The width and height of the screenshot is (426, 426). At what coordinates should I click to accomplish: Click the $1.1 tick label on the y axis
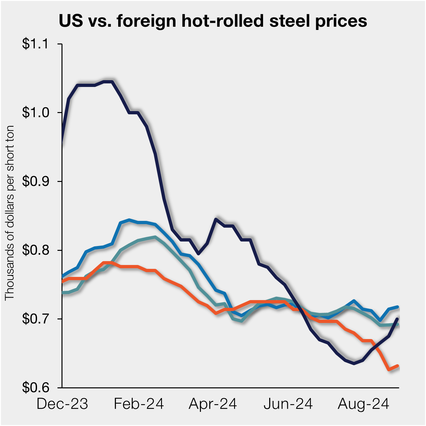(35, 44)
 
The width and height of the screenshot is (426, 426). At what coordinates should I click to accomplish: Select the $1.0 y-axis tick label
(35, 113)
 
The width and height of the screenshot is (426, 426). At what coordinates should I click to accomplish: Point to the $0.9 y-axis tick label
(35, 181)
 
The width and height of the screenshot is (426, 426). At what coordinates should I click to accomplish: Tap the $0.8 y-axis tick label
(35, 250)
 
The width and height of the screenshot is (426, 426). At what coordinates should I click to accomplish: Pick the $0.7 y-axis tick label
(35, 319)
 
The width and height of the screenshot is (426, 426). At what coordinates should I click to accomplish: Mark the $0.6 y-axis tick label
(35, 387)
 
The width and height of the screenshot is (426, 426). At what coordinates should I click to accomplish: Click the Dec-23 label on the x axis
(62, 404)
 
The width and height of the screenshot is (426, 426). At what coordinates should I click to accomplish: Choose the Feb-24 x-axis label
(139, 404)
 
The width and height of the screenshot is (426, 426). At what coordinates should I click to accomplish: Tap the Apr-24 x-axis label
(213, 404)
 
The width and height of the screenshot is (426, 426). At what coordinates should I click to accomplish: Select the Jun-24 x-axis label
(288, 404)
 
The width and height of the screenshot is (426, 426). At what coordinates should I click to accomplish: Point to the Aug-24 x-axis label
(364, 404)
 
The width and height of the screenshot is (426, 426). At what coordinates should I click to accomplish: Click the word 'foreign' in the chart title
(147, 21)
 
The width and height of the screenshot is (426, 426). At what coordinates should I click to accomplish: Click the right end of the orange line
(398, 366)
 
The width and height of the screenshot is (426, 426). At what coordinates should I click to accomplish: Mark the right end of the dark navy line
(398, 319)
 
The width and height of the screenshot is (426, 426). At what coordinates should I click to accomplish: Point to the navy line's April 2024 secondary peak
(216, 219)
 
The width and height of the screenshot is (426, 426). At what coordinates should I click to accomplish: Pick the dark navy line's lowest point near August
(354, 363)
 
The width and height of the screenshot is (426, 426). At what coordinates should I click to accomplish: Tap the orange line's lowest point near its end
(389, 369)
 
